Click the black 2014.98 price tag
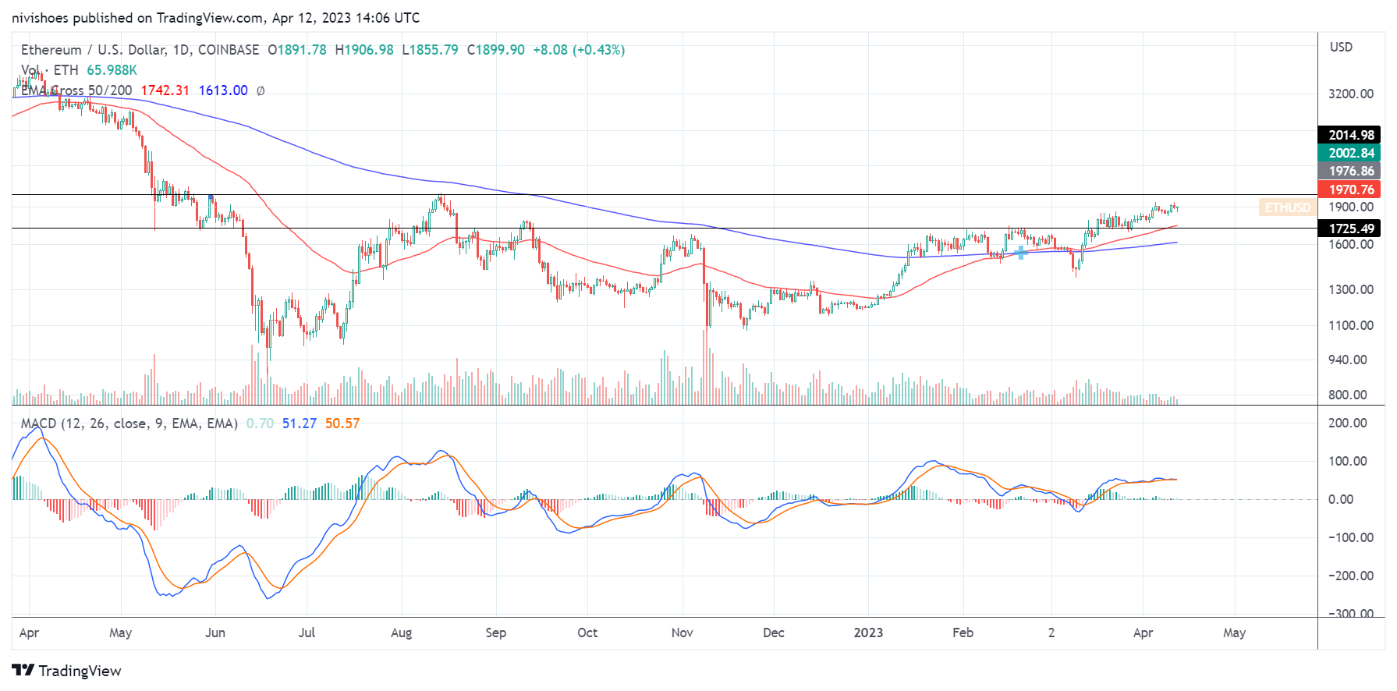(1351, 135)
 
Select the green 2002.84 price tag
(1351, 153)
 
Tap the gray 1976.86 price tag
(1351, 171)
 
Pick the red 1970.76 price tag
(1351, 190)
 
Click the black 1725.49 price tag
(1351, 229)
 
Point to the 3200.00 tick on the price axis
(1351, 94)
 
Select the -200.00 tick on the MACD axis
(1349, 576)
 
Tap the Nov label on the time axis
(682, 633)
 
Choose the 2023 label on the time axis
(868, 633)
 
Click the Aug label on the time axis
(401, 633)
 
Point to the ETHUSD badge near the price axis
(1287, 207)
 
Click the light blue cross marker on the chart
(1020, 253)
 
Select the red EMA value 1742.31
(165, 90)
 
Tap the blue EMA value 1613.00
(223, 90)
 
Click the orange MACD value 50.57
(342, 423)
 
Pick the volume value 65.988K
(112, 70)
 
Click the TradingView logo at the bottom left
(67, 671)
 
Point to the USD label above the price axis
(1341, 47)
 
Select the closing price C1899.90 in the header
(496, 50)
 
